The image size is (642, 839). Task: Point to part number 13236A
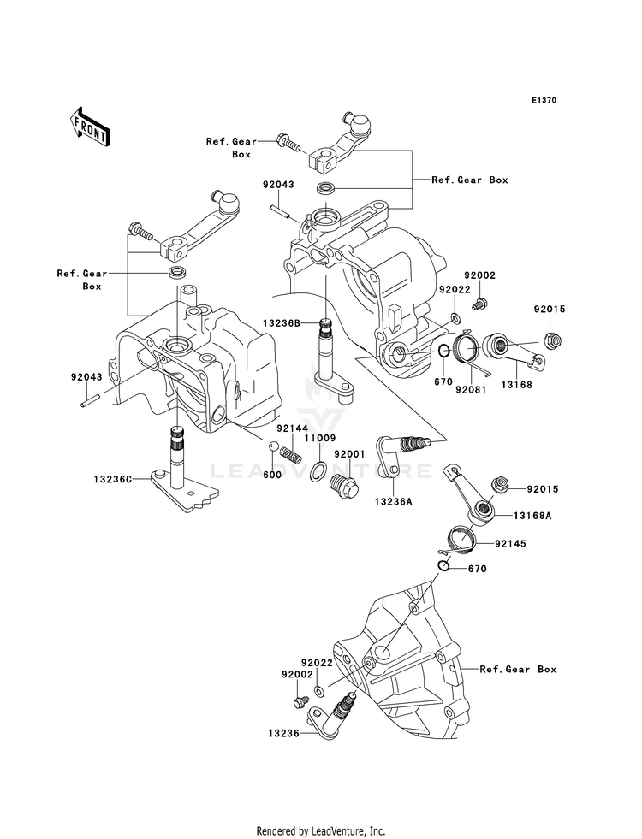[394, 501]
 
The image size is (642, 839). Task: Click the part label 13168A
[532, 516]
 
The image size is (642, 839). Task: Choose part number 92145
[510, 544]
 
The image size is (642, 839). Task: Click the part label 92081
[471, 389]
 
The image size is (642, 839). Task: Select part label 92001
[349, 454]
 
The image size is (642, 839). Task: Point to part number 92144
[293, 428]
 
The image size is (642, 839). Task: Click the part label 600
[271, 475]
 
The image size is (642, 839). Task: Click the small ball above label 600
[272, 446]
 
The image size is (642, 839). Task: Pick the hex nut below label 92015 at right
[551, 339]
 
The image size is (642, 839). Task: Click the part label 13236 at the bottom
[284, 733]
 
